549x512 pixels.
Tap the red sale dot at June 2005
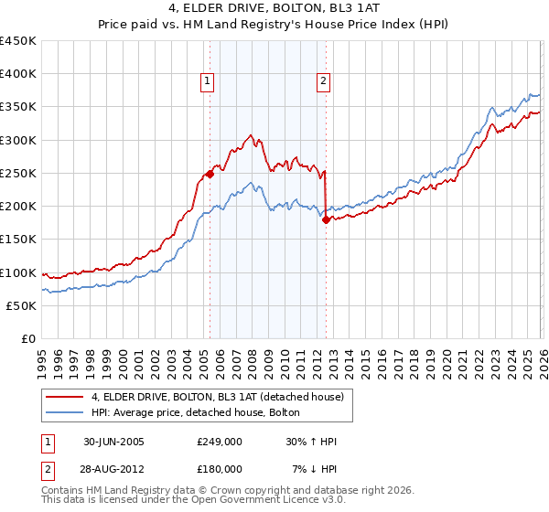(210, 174)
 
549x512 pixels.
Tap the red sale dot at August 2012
(326, 219)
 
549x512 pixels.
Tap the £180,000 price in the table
(219, 468)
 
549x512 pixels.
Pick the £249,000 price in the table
(219, 442)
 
